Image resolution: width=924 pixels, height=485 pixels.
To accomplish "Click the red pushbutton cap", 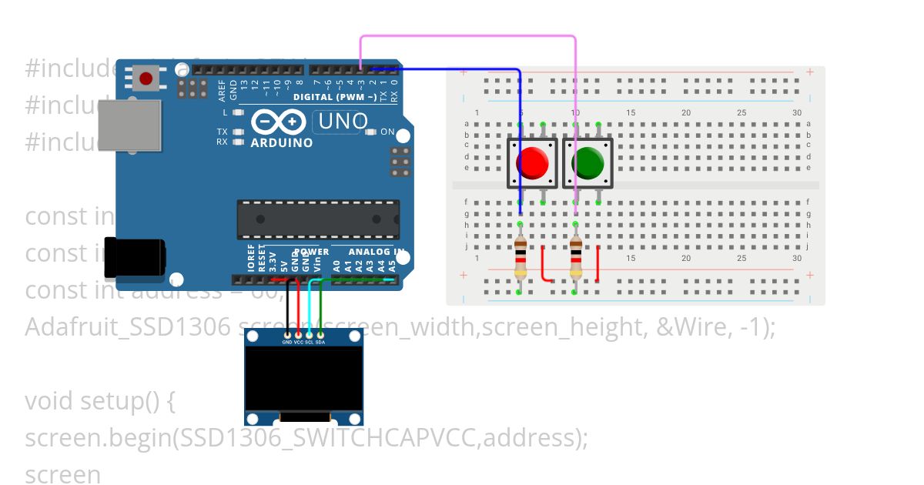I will pos(531,162).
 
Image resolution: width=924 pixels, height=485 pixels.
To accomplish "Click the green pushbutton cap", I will pos(588,162).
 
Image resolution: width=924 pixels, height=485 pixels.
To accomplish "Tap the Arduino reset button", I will pos(146,77).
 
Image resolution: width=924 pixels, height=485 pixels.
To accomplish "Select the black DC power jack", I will pos(135,256).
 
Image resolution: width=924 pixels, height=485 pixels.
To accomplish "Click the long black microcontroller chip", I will pos(318,219).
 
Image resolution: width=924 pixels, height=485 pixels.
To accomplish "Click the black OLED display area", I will pos(304,377).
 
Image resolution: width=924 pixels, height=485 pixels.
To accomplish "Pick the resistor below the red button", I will pos(521,259).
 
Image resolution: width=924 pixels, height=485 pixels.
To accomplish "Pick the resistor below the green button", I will pos(576,259).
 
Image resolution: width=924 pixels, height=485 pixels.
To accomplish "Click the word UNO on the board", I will pos(343,122).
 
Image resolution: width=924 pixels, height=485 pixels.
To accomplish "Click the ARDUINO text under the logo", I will pos(282,142).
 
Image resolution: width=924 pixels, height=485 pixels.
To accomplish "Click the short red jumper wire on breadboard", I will pos(543,266).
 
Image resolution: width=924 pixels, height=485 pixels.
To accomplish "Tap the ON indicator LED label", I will pos(387,132).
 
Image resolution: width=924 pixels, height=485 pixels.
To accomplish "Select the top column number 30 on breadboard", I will pos(797,113).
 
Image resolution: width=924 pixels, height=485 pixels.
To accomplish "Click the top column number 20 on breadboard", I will pos(686,113).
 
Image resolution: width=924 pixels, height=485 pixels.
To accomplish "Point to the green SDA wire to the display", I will pos(320,308).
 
